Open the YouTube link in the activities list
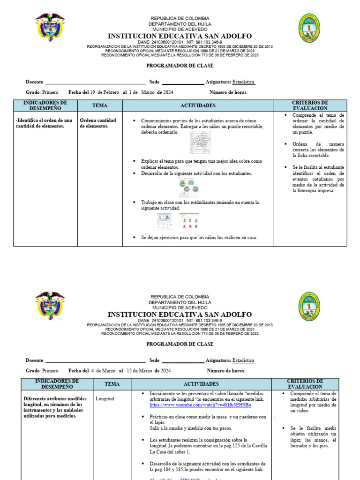pos(201,405)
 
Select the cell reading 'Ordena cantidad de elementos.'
pos(98,123)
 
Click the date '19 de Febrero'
pos(105,92)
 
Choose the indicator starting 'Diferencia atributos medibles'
pos(55,407)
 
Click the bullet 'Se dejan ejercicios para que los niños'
pos(199,237)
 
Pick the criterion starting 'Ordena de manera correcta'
pos(318,150)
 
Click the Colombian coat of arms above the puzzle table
pos(50,27)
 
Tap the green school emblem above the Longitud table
pos(309,306)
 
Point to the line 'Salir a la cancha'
pos(184,428)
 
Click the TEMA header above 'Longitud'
pos(112,384)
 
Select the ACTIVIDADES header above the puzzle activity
pos(198,105)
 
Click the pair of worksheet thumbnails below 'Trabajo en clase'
pos(177,221)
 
